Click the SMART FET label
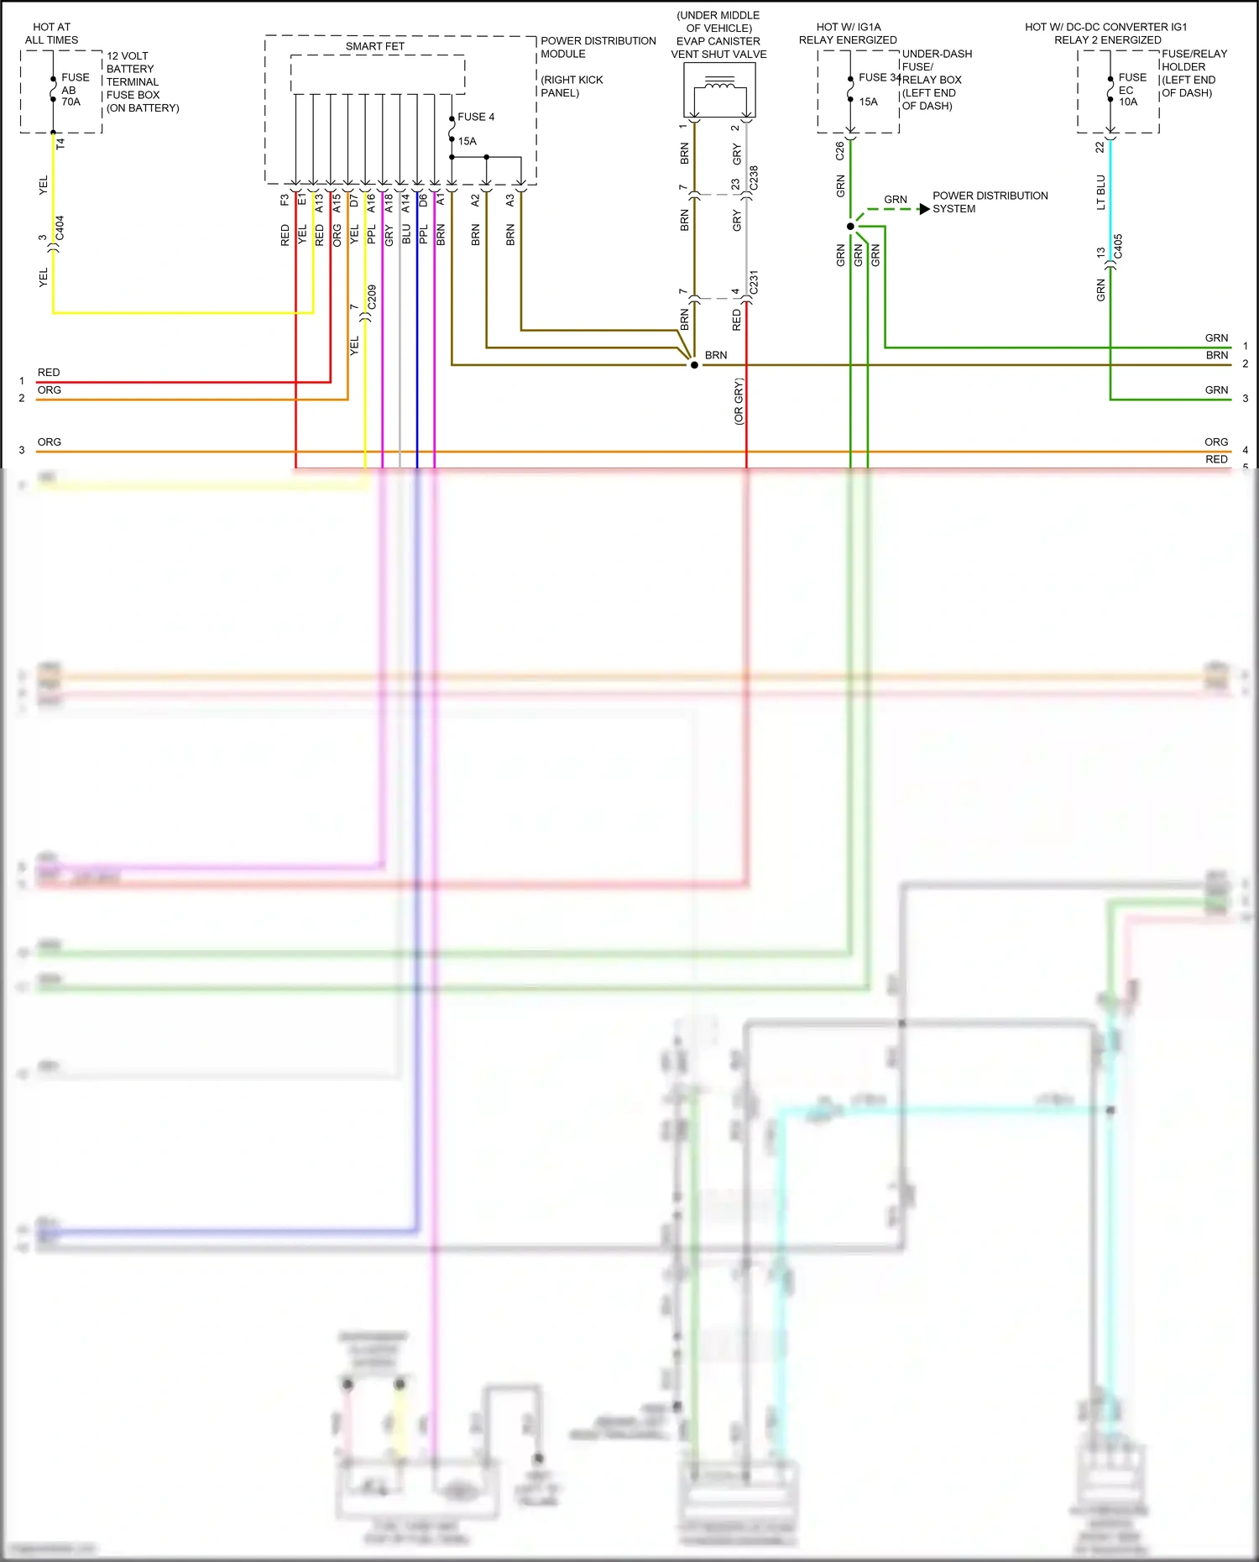(374, 46)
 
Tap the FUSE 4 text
(476, 117)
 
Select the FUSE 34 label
(879, 77)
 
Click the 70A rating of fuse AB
(71, 102)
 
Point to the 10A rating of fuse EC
(1128, 102)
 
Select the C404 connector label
(60, 228)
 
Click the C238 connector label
(753, 178)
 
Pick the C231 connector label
(753, 282)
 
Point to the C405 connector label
(1117, 247)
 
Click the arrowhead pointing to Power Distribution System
(924, 208)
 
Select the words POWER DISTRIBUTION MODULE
(598, 47)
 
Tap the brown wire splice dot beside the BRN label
(694, 365)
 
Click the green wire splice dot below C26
(850, 227)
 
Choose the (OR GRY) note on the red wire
(739, 401)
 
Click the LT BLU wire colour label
(1100, 192)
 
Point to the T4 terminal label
(60, 144)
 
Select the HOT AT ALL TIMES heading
(51, 34)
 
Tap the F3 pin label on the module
(285, 200)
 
